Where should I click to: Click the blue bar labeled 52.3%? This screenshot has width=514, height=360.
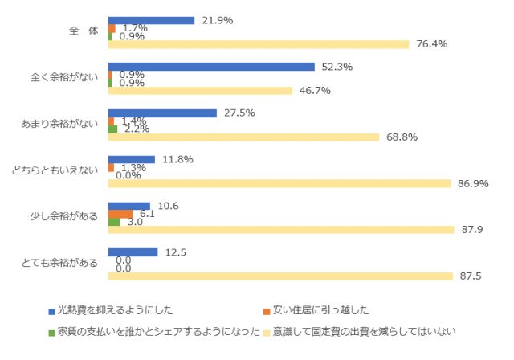tap(211, 67)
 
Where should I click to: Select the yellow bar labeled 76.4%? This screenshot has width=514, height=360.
tap(259, 44)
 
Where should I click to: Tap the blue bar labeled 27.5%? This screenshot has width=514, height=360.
tap(162, 113)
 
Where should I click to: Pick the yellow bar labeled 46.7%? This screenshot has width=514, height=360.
tap(200, 91)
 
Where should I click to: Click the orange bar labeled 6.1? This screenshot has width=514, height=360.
tap(120, 214)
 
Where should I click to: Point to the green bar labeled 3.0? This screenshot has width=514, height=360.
tap(114, 222)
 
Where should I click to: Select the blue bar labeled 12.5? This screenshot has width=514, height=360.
tap(133, 252)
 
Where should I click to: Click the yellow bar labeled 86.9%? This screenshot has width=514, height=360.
tap(279, 183)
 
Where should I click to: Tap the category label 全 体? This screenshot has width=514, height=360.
tap(83, 31)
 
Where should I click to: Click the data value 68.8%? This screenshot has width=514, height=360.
tap(399, 137)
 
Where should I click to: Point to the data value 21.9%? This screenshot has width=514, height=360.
tap(216, 20)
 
